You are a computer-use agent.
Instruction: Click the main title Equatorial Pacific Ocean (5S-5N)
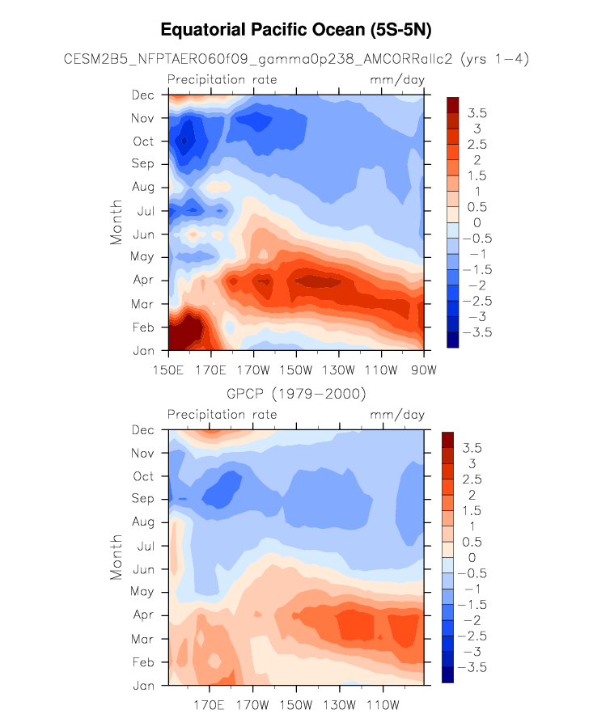(x=296, y=30)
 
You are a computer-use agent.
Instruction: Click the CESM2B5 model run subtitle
(x=296, y=59)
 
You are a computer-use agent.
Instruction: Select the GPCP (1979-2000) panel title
(x=296, y=394)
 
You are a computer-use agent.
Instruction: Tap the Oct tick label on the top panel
(x=143, y=142)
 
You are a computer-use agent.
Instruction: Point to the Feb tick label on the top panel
(x=143, y=327)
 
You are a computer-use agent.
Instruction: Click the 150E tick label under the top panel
(x=168, y=370)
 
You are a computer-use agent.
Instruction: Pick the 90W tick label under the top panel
(x=424, y=370)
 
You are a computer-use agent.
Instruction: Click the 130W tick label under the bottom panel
(x=339, y=705)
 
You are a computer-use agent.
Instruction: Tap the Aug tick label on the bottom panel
(x=143, y=522)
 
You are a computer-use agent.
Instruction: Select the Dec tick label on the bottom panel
(x=143, y=430)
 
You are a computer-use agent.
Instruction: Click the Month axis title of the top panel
(x=116, y=222)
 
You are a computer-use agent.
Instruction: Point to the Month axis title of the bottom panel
(x=116, y=557)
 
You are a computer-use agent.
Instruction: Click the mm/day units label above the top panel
(x=397, y=80)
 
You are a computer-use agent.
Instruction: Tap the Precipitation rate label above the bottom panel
(x=222, y=414)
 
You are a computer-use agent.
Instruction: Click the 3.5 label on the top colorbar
(x=477, y=113)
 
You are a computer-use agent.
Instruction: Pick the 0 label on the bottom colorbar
(x=472, y=557)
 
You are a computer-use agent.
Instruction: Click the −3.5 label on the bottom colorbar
(x=472, y=667)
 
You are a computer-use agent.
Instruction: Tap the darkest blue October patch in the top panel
(x=184, y=140)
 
